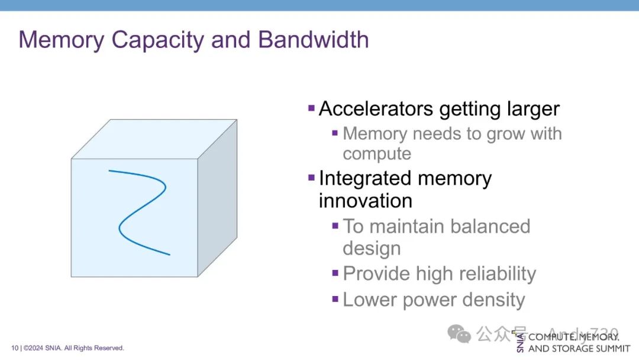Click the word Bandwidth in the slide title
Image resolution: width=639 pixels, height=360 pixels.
314,40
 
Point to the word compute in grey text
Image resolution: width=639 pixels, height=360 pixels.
377,154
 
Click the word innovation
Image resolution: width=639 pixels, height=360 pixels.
366,201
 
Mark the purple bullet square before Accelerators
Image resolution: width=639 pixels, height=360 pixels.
311,108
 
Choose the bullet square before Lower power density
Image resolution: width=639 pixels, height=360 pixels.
335,299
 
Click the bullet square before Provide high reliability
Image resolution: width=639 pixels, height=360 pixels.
335,273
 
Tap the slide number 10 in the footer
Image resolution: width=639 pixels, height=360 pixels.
14,348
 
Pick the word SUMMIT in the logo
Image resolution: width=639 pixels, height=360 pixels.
611,349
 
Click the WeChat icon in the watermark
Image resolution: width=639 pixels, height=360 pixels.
459,334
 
